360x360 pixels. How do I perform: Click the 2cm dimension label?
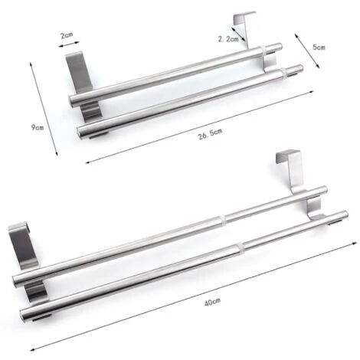coord(68,34)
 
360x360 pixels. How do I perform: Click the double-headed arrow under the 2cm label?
coord(69,46)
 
